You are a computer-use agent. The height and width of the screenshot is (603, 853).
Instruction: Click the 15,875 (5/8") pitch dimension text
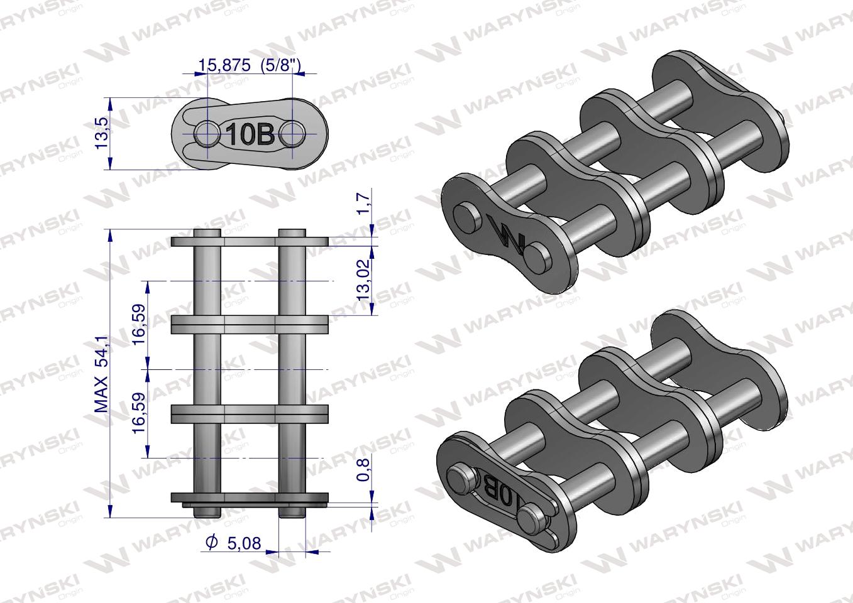(x=250, y=65)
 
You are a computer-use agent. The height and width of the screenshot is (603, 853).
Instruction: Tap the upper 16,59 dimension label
(x=139, y=323)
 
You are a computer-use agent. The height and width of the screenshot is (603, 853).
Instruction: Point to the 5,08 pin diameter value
(x=242, y=542)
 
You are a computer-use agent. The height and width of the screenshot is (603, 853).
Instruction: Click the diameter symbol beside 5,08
(x=212, y=542)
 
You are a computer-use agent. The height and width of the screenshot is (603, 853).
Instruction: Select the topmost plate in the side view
(x=250, y=242)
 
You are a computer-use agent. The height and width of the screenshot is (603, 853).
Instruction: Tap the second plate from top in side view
(x=250, y=325)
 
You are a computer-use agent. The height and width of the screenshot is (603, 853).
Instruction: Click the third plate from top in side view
(x=250, y=415)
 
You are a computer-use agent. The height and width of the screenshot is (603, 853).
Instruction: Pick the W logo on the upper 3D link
(x=507, y=234)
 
